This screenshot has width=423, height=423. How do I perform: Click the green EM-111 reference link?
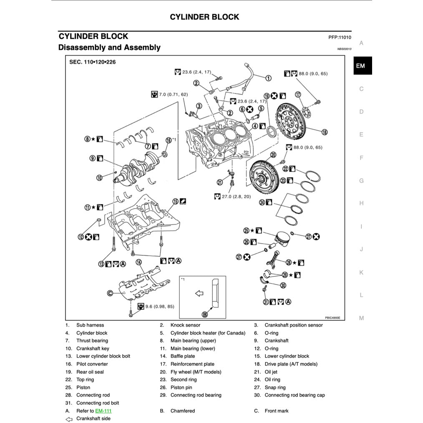[103, 411]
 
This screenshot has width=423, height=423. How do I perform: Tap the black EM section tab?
[361, 66]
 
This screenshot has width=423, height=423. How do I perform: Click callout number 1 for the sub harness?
[268, 78]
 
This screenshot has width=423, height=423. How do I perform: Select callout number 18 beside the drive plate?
[325, 132]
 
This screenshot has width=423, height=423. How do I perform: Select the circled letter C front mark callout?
[110, 293]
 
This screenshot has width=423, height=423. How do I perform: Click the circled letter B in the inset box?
[205, 314]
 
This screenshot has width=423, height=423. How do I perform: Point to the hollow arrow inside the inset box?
[199, 294]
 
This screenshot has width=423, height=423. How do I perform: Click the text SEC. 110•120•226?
[92, 62]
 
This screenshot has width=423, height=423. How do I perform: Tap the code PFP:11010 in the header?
[340, 37]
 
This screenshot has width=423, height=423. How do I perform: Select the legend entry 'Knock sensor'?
[185, 325]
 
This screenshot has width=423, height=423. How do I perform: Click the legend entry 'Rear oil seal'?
[90, 372]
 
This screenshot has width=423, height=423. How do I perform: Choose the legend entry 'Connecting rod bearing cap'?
[295, 395]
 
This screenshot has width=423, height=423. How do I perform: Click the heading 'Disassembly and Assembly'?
[109, 48]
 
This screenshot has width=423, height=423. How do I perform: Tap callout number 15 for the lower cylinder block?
[176, 201]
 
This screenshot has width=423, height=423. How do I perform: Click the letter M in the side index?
[361, 318]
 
